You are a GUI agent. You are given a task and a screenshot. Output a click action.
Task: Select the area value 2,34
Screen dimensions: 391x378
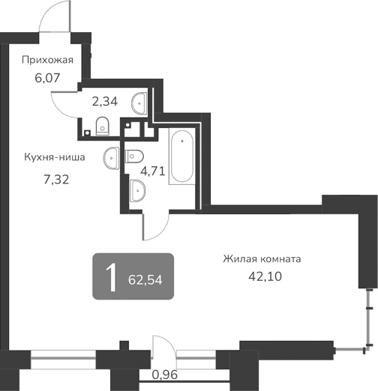coord(104,99)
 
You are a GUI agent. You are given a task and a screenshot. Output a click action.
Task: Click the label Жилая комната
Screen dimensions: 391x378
coord(262,259)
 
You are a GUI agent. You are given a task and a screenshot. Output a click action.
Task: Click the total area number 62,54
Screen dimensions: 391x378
coord(145,279)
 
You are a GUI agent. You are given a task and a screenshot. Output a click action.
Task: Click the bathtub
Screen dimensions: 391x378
coord(182,157)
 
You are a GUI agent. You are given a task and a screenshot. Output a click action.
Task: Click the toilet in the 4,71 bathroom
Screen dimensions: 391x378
coord(135,155)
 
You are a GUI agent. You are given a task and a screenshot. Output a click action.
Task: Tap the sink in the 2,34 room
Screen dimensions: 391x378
coord(140,101)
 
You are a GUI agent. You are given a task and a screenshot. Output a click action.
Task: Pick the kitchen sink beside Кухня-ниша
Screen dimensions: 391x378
coord(112,156)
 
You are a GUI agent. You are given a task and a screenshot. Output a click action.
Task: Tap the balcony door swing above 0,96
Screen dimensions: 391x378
coord(163,348)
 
